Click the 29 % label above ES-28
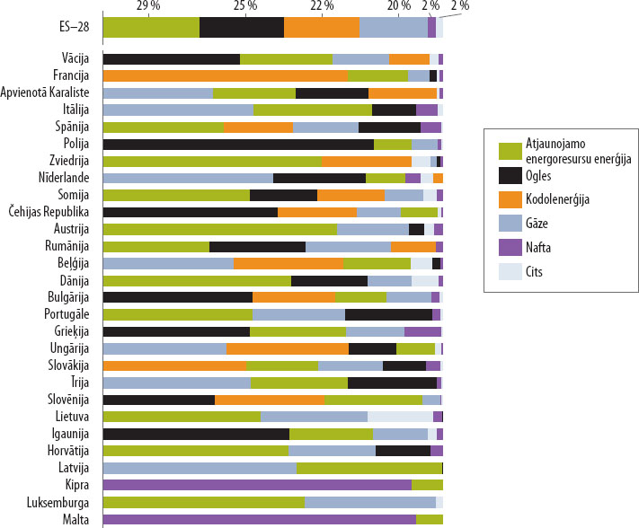149,6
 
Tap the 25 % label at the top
244,6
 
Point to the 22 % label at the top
323,6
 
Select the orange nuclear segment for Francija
226,75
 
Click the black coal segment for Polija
238,144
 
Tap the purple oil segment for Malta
260,519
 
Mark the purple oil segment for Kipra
257,485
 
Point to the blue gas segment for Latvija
200,468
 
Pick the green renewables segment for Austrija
220,229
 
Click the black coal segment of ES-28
242,27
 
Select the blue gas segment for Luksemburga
370,502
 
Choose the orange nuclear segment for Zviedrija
367,161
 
